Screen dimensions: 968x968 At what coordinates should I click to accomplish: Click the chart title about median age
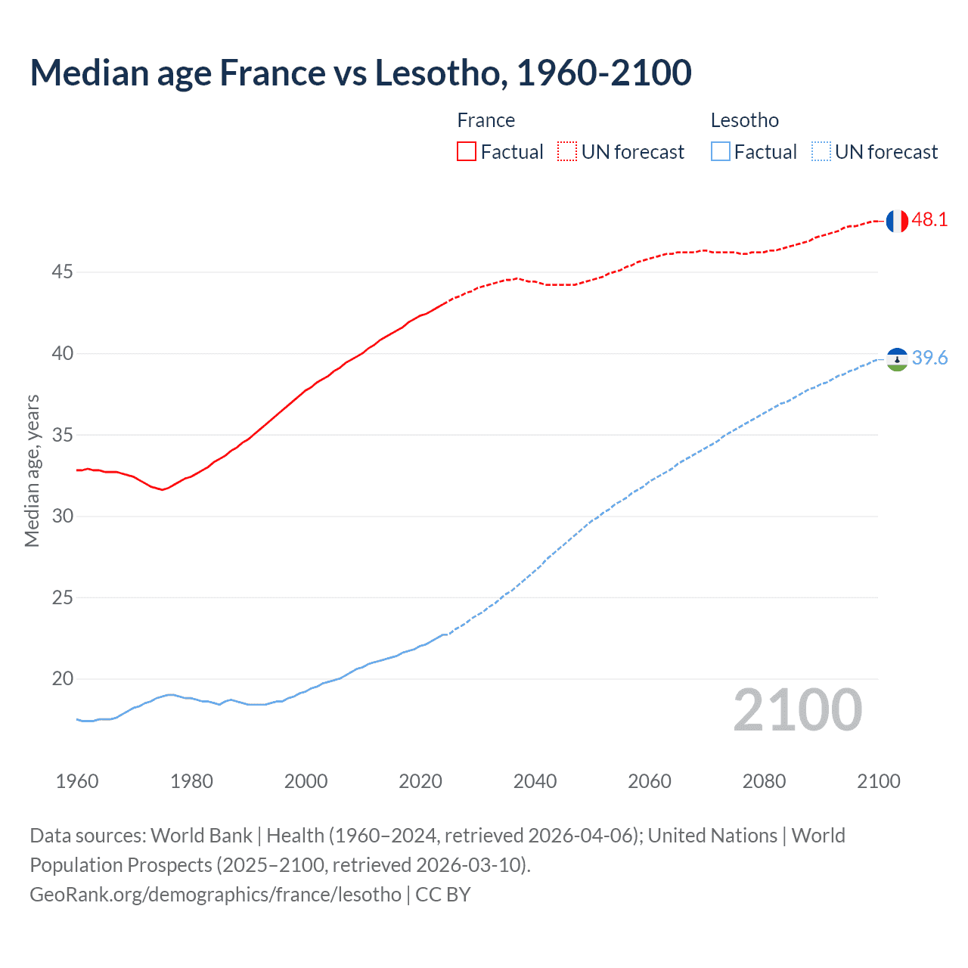[361, 73]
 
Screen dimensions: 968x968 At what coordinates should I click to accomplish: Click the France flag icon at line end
[897, 221]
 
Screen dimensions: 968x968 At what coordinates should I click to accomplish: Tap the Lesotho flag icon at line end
[897, 359]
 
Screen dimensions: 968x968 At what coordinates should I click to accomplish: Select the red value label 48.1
[929, 220]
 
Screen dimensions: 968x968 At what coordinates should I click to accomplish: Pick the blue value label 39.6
[929, 358]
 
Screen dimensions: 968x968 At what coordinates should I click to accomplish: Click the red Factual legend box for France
[467, 152]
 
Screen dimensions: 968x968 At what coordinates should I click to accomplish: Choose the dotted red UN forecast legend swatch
[567, 152]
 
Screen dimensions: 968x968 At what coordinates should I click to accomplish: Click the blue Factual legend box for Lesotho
[721, 152]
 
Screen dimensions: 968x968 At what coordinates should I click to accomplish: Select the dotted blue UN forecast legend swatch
[821, 152]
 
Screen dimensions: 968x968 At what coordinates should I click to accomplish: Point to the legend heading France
[486, 120]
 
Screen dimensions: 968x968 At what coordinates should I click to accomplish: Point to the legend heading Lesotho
[745, 120]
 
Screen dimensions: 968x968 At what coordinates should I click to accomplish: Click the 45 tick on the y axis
[62, 271]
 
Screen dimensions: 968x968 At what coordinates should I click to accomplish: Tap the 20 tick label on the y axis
[62, 678]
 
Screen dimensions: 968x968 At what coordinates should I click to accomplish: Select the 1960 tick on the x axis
[77, 781]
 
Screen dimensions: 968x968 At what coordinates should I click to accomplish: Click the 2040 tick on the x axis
[535, 781]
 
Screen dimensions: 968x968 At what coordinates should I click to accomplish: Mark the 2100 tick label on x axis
[879, 781]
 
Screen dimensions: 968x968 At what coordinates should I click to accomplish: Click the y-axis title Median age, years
[32, 470]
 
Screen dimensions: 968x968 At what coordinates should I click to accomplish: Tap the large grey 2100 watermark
[798, 710]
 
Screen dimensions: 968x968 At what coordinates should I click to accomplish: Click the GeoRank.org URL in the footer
[216, 895]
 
